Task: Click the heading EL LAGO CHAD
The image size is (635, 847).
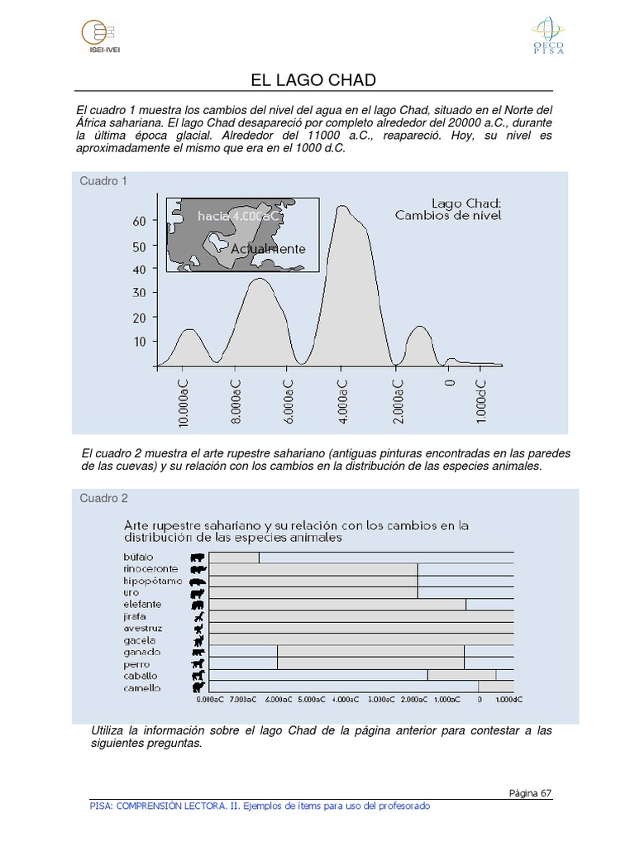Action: coord(313,80)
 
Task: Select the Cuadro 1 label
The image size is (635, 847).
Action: coord(103,181)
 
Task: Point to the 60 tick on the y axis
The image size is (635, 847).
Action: coord(138,222)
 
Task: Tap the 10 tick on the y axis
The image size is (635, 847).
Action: coord(138,341)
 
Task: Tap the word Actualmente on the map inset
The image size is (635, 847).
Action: coord(268,249)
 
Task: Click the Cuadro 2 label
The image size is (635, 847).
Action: coord(103,498)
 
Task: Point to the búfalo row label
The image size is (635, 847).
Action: coord(139,557)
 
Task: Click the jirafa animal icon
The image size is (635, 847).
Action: coord(198,617)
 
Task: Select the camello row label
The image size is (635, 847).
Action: coord(142,688)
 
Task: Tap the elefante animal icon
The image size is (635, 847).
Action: coord(198,605)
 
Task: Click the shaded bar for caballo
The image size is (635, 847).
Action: coord(461,676)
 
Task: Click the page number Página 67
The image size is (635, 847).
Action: coord(530,793)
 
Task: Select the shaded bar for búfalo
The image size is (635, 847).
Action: coord(235,557)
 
